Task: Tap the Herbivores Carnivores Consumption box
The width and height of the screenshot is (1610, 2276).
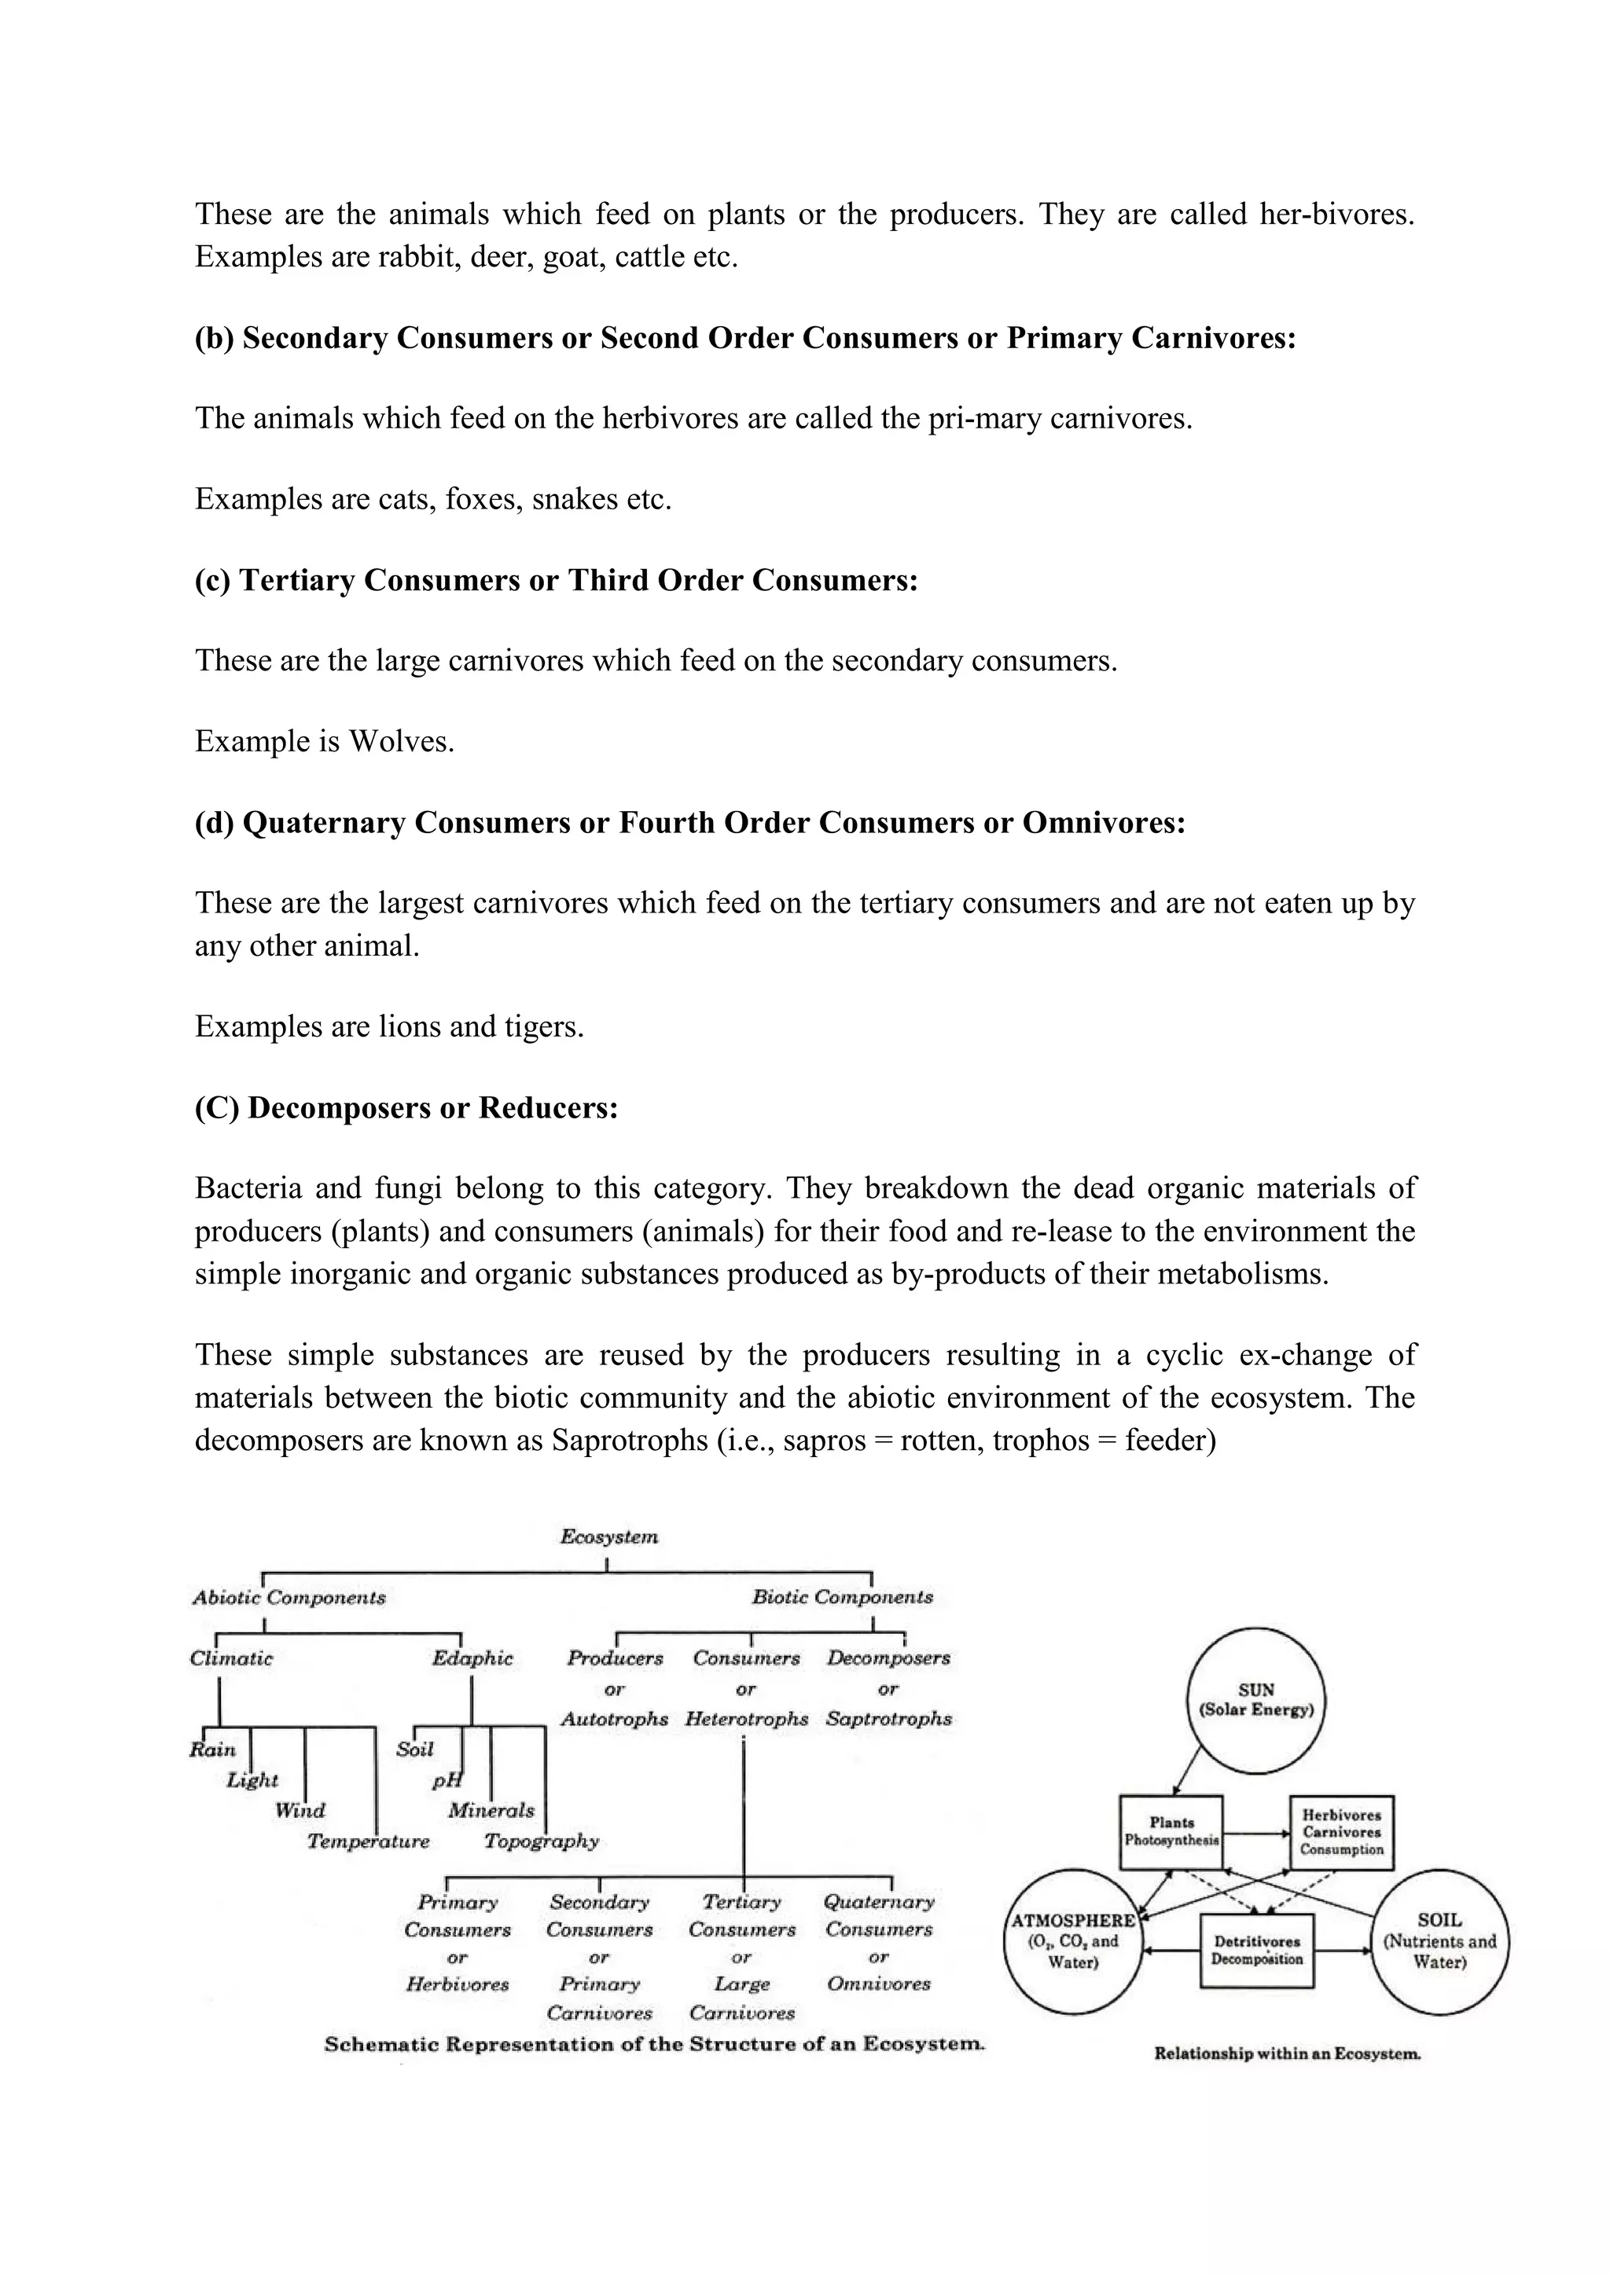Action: click(x=1341, y=1832)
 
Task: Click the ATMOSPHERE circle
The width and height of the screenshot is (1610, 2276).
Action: click(x=1072, y=1942)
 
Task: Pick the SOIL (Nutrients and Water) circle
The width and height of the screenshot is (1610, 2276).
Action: click(x=1439, y=1942)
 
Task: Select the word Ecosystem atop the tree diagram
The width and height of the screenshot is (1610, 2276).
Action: click(x=608, y=1537)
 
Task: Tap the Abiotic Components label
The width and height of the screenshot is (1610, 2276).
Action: click(x=289, y=1597)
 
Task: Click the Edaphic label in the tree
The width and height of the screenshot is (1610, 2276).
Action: click(x=472, y=1658)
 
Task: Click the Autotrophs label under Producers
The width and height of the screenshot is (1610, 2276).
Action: click(x=615, y=1719)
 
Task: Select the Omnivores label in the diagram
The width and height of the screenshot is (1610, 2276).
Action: click(x=878, y=1984)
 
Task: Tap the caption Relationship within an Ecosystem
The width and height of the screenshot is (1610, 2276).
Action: click(x=1287, y=2053)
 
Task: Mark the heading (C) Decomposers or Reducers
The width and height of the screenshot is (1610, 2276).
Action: click(x=406, y=1107)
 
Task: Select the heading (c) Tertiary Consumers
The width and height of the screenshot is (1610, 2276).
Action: click(x=556, y=580)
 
